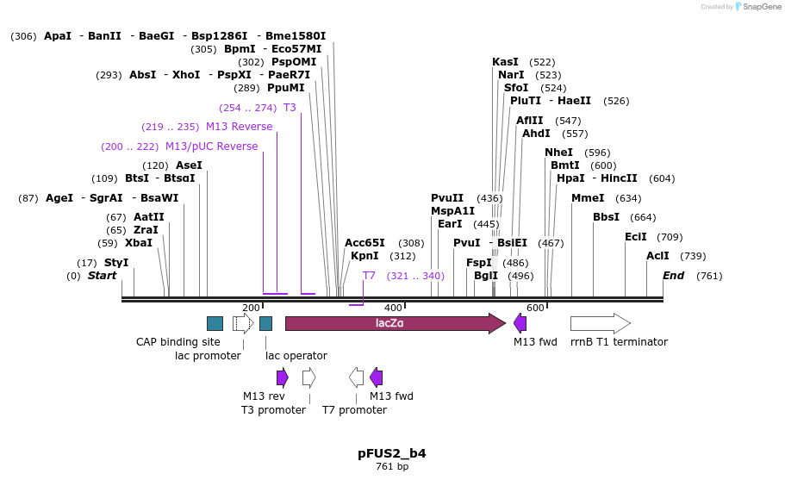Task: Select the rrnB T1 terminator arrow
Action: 600,323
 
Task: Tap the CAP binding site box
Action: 215,323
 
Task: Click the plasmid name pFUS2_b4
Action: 392,453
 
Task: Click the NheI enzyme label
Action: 558,153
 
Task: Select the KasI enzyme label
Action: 505,62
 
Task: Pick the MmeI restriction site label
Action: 588,198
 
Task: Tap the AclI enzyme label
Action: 657,256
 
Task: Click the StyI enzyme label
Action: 116,263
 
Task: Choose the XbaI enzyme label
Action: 139,243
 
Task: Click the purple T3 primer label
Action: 290,108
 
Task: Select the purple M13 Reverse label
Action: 239,127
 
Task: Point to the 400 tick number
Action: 393,308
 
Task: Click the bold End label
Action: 673,276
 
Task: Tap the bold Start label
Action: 102,276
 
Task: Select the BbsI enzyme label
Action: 606,217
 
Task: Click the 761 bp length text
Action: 392,467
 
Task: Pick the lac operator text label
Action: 296,356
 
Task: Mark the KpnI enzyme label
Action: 364,256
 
